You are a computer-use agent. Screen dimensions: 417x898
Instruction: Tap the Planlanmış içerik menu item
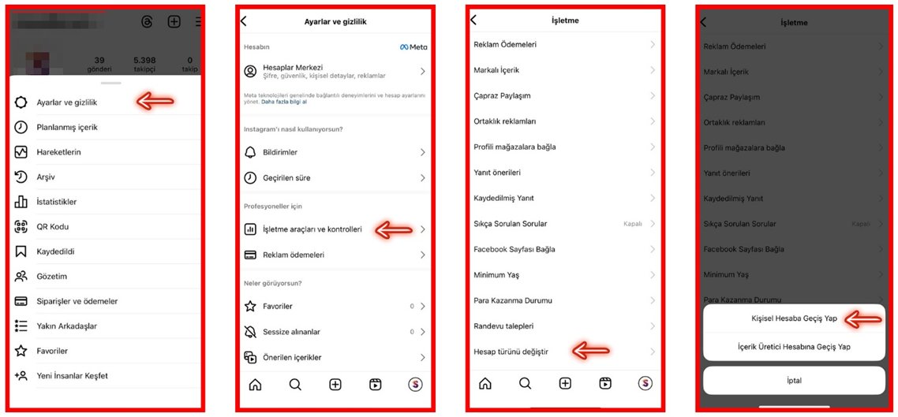pyautogui.click(x=67, y=127)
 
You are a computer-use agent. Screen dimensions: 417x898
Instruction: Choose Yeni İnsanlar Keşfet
pyautogui.click(x=72, y=376)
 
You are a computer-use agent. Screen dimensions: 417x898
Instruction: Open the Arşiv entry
pyautogui.click(x=46, y=177)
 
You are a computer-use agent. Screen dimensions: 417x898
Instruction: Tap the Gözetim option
pyautogui.click(x=51, y=277)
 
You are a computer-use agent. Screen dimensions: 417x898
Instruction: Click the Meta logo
pyautogui.click(x=413, y=47)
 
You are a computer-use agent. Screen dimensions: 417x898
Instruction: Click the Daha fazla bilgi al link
pyautogui.click(x=284, y=102)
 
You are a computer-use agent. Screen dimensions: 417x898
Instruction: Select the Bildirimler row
pyautogui.click(x=280, y=152)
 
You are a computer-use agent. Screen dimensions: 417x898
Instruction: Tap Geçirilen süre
pyautogui.click(x=286, y=178)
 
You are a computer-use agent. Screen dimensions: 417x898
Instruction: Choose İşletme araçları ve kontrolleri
pyautogui.click(x=312, y=229)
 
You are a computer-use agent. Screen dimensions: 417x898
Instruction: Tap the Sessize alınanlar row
pyautogui.click(x=291, y=332)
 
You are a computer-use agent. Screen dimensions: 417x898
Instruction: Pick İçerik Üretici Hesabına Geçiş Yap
pyautogui.click(x=794, y=347)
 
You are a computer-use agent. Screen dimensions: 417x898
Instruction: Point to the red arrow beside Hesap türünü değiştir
pyautogui.click(x=590, y=351)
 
